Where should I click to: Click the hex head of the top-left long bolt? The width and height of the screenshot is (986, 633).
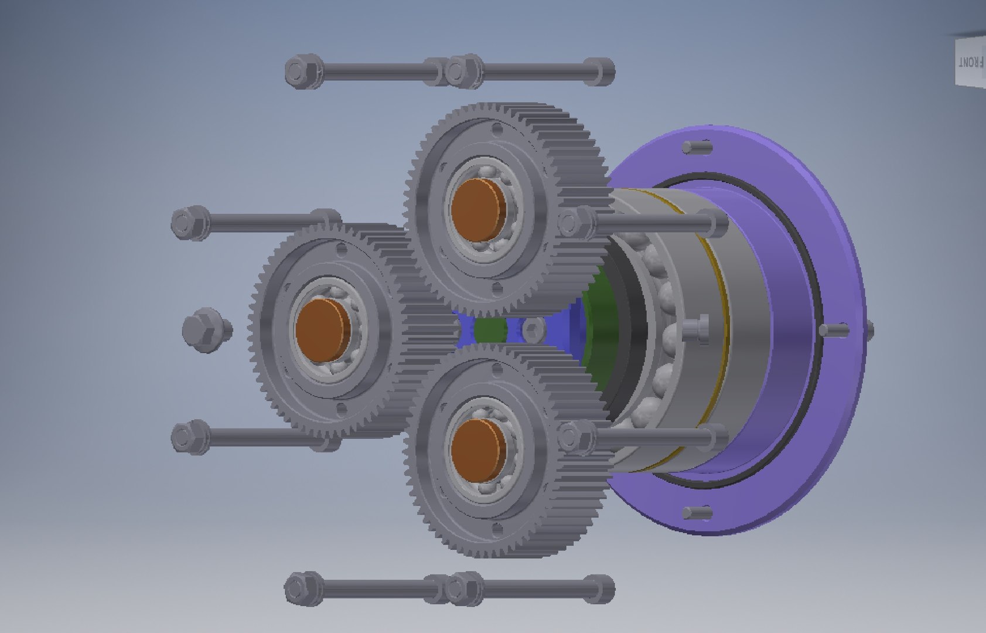tap(302, 72)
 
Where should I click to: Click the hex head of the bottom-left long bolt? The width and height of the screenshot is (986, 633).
tap(302, 588)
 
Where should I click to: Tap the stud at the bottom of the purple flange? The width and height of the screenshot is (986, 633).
tap(697, 514)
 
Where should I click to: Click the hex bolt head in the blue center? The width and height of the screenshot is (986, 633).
tap(533, 331)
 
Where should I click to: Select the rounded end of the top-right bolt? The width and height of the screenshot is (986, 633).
tap(601, 72)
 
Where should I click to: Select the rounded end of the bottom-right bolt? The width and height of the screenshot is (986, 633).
tap(601, 588)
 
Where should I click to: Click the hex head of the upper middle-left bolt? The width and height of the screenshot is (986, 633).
tap(189, 223)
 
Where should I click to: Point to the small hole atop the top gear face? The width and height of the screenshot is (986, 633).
tap(497, 128)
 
